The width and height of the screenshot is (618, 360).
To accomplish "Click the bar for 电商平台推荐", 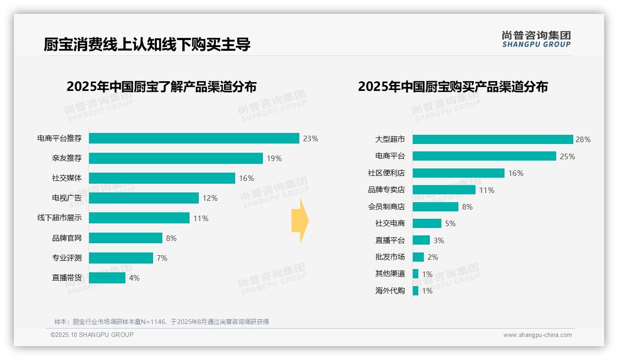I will click(194, 138).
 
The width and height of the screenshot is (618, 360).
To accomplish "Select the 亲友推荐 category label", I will click(67, 158).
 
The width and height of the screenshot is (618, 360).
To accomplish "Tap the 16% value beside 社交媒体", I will click(246, 179).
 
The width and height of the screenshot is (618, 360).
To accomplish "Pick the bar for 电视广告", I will click(143, 198).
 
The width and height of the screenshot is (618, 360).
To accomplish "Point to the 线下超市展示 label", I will click(59, 218).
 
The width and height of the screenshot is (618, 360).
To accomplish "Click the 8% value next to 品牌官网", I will click(171, 238).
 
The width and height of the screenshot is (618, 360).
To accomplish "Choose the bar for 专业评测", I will click(121, 258).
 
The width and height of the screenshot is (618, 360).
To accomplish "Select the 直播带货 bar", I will click(107, 278).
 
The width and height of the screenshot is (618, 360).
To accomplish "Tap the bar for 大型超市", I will click(493, 139).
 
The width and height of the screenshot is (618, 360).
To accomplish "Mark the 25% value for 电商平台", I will click(567, 156).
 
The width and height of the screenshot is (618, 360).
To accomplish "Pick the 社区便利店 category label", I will click(386, 173).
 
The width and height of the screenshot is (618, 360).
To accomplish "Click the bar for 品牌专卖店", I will click(444, 190).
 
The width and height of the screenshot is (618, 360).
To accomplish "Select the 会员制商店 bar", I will click(435, 207).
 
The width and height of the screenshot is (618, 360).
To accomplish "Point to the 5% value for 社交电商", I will click(450, 223).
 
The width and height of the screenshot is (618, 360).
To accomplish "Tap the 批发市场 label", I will click(390, 257).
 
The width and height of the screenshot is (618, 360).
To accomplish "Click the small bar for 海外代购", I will click(416, 291).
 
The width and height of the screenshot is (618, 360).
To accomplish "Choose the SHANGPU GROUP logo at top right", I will click(536, 39).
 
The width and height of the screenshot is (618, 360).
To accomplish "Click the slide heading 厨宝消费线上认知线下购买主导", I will click(147, 45).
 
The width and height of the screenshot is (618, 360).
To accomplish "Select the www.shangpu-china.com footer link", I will click(537, 335).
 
